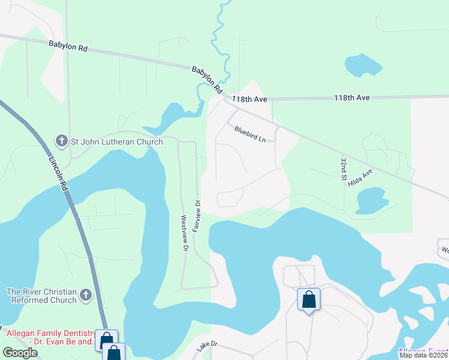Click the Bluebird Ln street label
(x=250, y=133)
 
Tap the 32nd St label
(x=343, y=170)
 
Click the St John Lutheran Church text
(x=117, y=142)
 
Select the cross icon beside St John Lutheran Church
(x=61, y=142)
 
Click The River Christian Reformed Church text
(x=42, y=296)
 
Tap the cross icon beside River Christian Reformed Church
(x=86, y=295)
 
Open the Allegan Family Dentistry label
(x=47, y=337)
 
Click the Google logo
(x=20, y=353)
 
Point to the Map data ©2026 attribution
(x=423, y=355)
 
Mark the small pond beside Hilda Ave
(x=371, y=200)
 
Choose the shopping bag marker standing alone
(x=309, y=300)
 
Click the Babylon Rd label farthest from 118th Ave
(x=68, y=46)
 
